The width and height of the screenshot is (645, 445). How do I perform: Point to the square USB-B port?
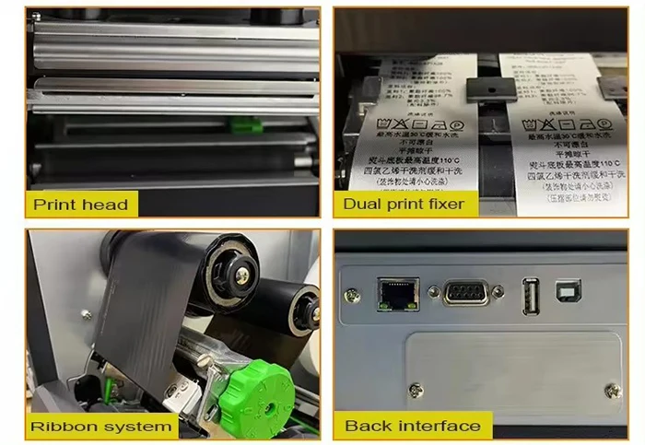(x=566, y=292)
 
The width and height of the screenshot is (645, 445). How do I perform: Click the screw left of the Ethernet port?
(x=351, y=295)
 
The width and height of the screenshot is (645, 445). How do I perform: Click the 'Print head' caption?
(x=81, y=204)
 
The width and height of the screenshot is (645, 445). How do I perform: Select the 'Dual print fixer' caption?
(x=405, y=204)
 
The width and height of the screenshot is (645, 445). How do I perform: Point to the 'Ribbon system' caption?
(x=101, y=426)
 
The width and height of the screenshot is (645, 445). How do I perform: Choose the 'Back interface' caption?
(x=412, y=426)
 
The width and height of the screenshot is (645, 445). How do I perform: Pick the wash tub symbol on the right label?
(x=532, y=123)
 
